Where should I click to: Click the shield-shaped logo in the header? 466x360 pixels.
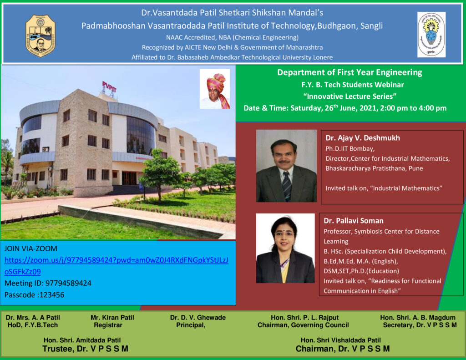(41, 35)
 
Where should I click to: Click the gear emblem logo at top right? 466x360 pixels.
(431, 35)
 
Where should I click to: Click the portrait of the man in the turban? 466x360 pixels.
(215, 89)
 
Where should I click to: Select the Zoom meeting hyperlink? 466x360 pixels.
(116, 266)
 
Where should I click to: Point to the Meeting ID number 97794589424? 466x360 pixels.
(68, 283)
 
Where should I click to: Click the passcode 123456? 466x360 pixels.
(52, 295)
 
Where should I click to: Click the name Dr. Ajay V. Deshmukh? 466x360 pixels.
(363, 138)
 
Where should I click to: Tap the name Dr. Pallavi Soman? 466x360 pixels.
(353, 221)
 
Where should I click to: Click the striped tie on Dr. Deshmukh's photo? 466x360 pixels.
(287, 186)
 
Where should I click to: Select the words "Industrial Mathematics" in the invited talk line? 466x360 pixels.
(406, 188)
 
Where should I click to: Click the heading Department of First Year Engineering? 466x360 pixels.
(349, 72)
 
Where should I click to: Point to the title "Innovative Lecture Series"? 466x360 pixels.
(349, 96)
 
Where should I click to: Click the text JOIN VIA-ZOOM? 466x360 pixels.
(30, 248)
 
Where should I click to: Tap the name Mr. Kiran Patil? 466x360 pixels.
(112, 318)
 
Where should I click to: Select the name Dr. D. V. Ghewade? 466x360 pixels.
(198, 318)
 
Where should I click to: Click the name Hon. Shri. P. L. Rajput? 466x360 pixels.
(304, 318)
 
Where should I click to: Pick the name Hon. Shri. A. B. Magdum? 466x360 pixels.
(418, 318)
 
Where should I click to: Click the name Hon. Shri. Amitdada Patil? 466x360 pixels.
(82, 340)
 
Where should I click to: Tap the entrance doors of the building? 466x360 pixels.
(129, 178)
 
